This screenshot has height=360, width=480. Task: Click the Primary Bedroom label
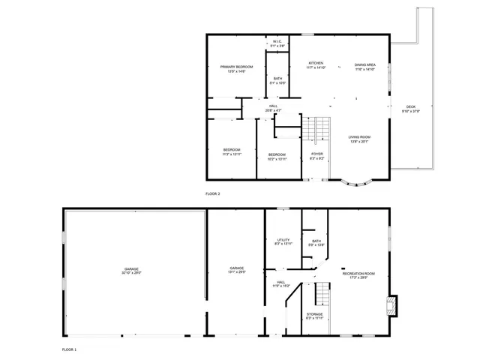tap(236, 67)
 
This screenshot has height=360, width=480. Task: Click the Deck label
tap(411, 107)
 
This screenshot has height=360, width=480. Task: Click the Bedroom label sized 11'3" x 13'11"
tap(232, 150)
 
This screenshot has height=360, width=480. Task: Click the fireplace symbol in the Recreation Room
tap(390, 304)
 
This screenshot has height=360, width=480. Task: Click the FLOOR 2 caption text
tap(213, 193)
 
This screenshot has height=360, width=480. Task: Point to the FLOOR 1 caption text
tap(69, 349)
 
